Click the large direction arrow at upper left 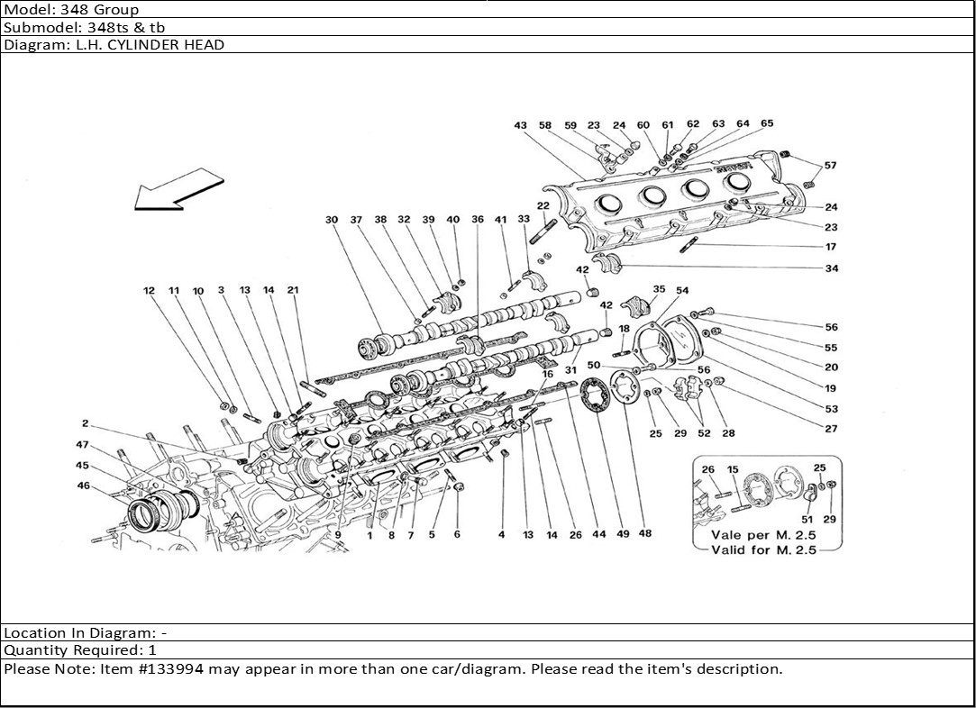pos(177,194)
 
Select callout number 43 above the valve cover pos(521,126)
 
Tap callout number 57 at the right pos(830,166)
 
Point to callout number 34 pos(830,268)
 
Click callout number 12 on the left pos(149,291)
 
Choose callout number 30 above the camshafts pos(332,220)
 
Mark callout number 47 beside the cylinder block pos(82,446)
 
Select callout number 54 pos(682,290)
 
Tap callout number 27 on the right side pos(830,430)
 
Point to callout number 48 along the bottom pos(645,534)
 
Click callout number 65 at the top pos(767,124)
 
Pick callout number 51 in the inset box pos(807,520)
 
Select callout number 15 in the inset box pos(733,469)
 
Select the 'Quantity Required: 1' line pos(80,650)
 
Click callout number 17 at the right pos(830,247)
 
